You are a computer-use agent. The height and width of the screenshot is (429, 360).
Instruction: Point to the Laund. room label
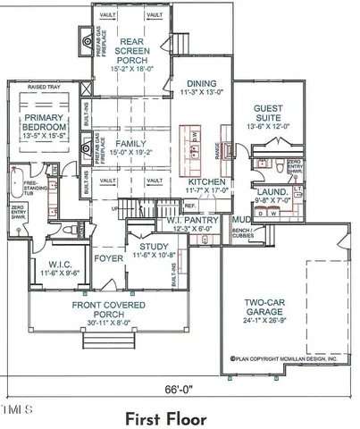pos(272,191)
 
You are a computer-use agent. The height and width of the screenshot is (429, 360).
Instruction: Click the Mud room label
pos(241,219)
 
